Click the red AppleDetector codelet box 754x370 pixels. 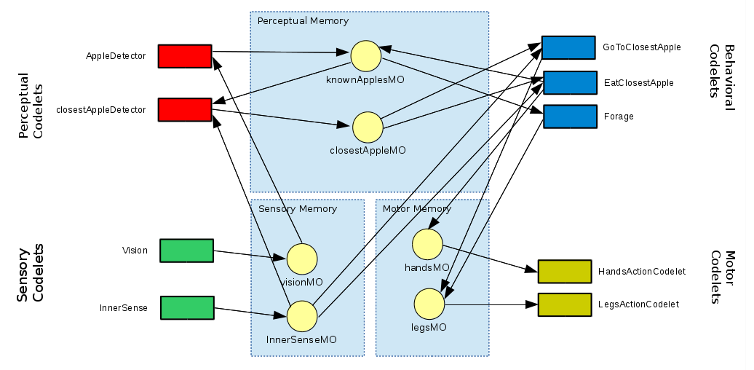click(x=184, y=56)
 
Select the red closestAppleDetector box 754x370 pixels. click(x=184, y=109)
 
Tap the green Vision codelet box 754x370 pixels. click(x=186, y=250)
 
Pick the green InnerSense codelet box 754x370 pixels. click(x=187, y=307)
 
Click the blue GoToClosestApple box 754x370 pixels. click(x=568, y=47)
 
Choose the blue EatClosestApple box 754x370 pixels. click(x=570, y=82)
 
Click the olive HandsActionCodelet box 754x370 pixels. click(x=564, y=271)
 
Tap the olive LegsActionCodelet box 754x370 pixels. click(x=564, y=304)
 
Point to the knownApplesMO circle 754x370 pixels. click(x=366, y=56)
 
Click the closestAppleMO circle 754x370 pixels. click(x=368, y=127)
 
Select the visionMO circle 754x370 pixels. click(x=302, y=259)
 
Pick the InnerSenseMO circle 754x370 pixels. click(x=302, y=316)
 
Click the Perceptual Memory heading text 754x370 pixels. click(x=303, y=21)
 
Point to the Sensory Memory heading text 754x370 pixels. click(x=298, y=209)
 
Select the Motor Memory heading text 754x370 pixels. click(x=417, y=209)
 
